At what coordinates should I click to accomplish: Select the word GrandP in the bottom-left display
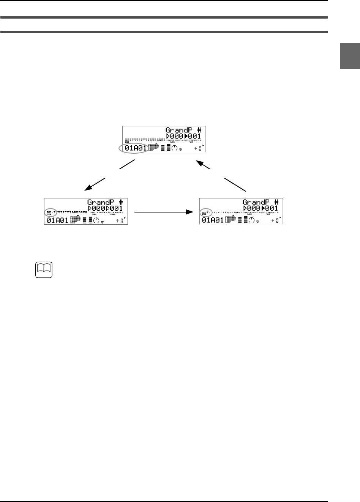click(x=102, y=203)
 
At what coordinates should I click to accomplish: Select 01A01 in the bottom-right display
click(x=212, y=220)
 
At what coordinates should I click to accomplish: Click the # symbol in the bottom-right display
click(x=276, y=203)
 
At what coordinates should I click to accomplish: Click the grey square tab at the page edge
click(x=350, y=56)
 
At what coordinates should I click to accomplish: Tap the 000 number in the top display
click(x=176, y=136)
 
